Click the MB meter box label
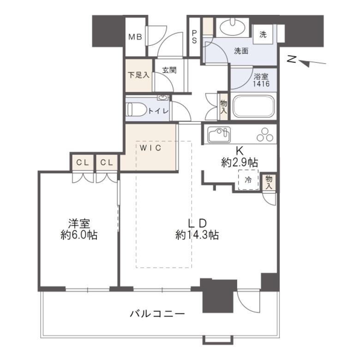pyautogui.click(x=135, y=37)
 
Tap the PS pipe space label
pyautogui.click(x=194, y=37)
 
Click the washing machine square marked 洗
pyautogui.click(x=263, y=34)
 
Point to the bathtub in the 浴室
pyautogui.click(x=253, y=106)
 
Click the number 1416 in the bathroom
pyautogui.click(x=261, y=84)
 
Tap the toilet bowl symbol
pyautogui.click(x=137, y=109)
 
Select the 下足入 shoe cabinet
pyautogui.click(x=138, y=75)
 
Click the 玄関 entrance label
pyautogui.click(x=169, y=70)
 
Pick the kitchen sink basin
pyautogui.click(x=219, y=134)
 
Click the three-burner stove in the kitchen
pyautogui.click(x=265, y=135)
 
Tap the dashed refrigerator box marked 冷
pyautogui.click(x=248, y=180)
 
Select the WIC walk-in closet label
pyautogui.click(x=150, y=148)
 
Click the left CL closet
pyautogui.click(x=83, y=162)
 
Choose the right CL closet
pyautogui.click(x=107, y=162)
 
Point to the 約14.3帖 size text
pyautogui.click(x=197, y=235)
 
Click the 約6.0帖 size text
pyautogui.click(x=79, y=235)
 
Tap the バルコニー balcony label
pyautogui.click(x=157, y=313)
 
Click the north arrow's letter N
pyautogui.click(x=292, y=60)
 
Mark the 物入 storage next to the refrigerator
pyautogui.click(x=269, y=182)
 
